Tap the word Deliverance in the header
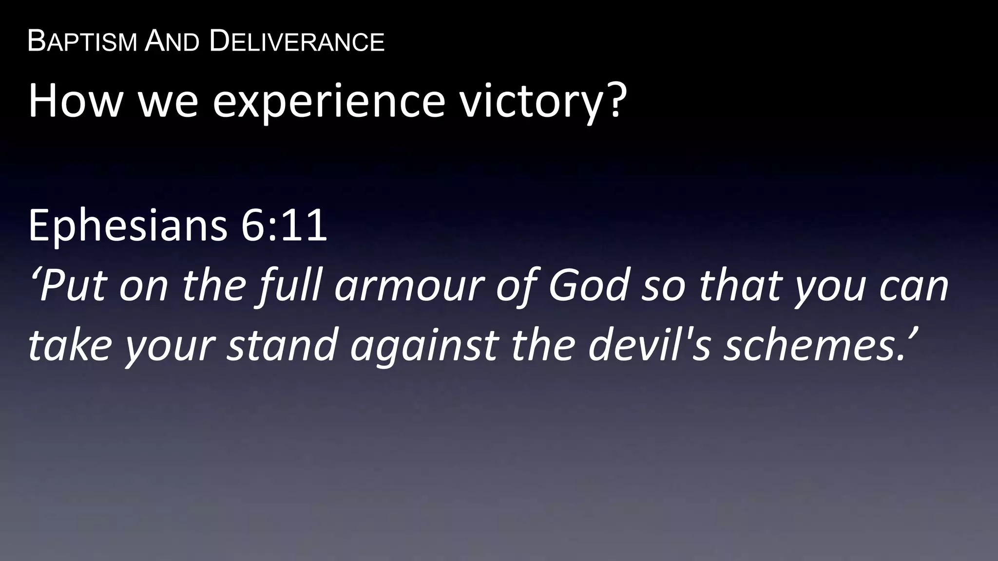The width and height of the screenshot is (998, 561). pos(297,41)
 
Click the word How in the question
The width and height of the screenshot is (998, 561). pos(74,100)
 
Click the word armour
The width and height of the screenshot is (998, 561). pos(410,286)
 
